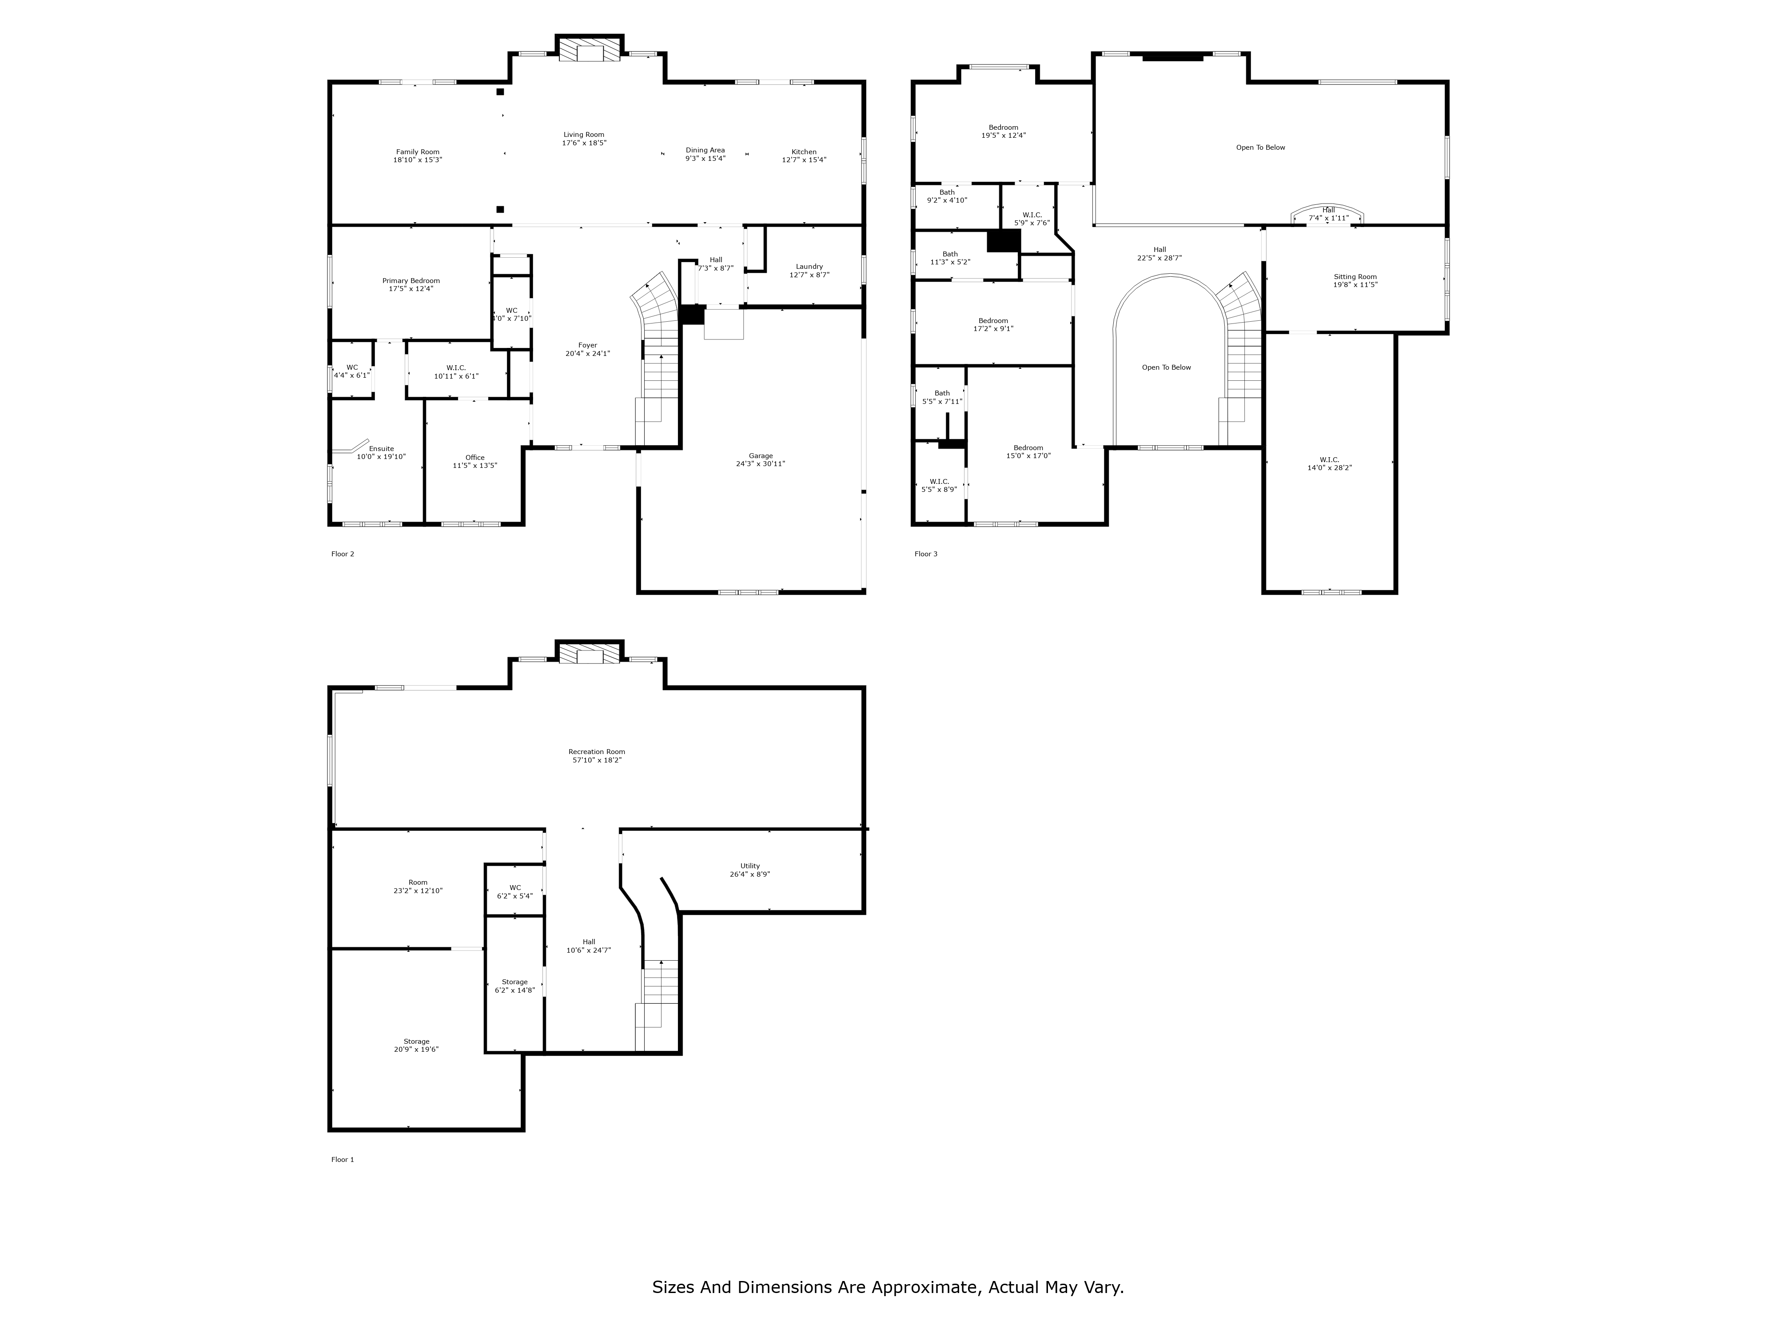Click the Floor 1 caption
tap(342, 1159)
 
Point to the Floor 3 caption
tap(925, 554)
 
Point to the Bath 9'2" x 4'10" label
tap(947, 196)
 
